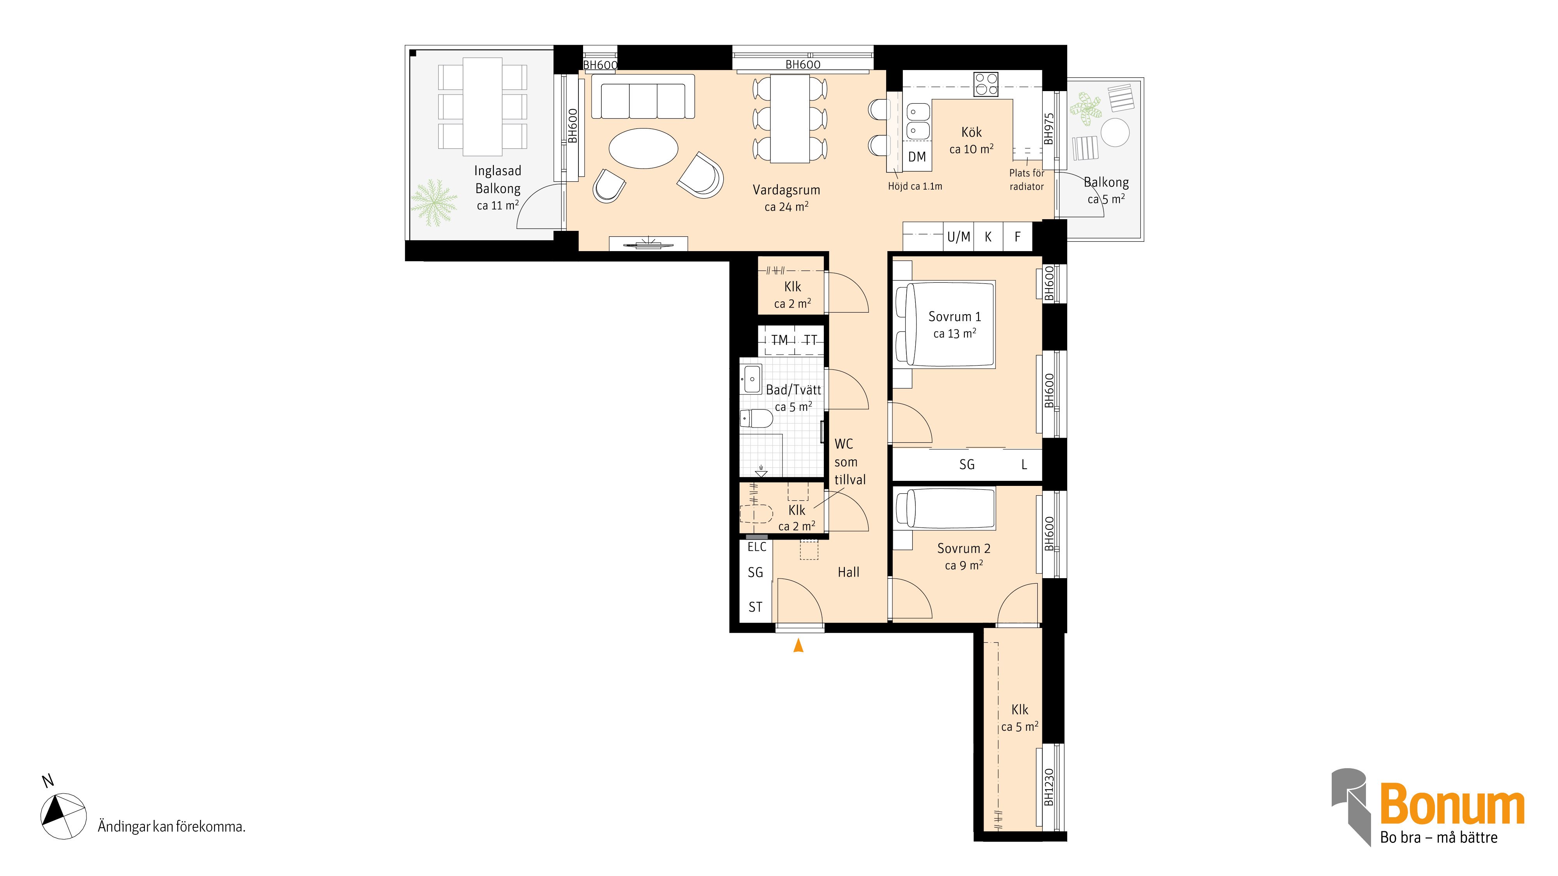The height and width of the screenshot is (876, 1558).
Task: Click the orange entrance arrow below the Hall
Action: pos(798,646)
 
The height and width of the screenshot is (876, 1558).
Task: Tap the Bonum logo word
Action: pos(1452,804)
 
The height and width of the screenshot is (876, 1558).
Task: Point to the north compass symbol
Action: pos(63,816)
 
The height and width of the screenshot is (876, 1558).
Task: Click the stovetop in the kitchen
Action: pos(986,84)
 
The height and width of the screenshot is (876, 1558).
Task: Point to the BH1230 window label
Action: pos(1049,786)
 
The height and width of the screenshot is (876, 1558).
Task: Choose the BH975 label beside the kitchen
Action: pos(1049,129)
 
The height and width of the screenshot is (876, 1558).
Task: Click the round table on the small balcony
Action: pos(1115,132)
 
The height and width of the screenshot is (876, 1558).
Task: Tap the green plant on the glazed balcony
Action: pos(434,202)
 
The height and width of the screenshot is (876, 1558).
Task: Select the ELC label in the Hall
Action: pos(757,547)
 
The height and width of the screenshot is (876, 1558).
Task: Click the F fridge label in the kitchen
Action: pos(1017,237)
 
